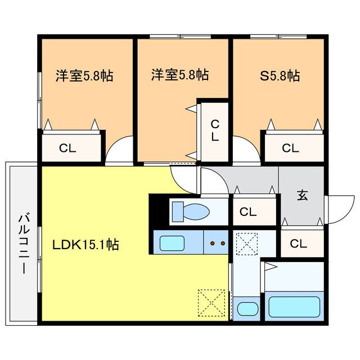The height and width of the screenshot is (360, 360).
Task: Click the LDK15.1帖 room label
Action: (x=86, y=245)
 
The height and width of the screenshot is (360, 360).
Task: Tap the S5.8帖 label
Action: (x=280, y=75)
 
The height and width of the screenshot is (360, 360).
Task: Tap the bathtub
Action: (x=295, y=307)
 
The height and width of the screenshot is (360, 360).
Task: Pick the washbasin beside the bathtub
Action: (x=247, y=309)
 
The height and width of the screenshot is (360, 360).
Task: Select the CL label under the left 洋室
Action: (x=69, y=148)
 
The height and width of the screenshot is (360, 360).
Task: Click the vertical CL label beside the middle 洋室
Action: (x=214, y=130)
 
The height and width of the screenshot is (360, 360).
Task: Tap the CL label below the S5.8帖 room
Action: (x=290, y=148)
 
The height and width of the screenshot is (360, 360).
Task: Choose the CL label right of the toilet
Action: (x=248, y=212)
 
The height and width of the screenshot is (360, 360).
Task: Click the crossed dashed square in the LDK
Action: (x=211, y=304)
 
